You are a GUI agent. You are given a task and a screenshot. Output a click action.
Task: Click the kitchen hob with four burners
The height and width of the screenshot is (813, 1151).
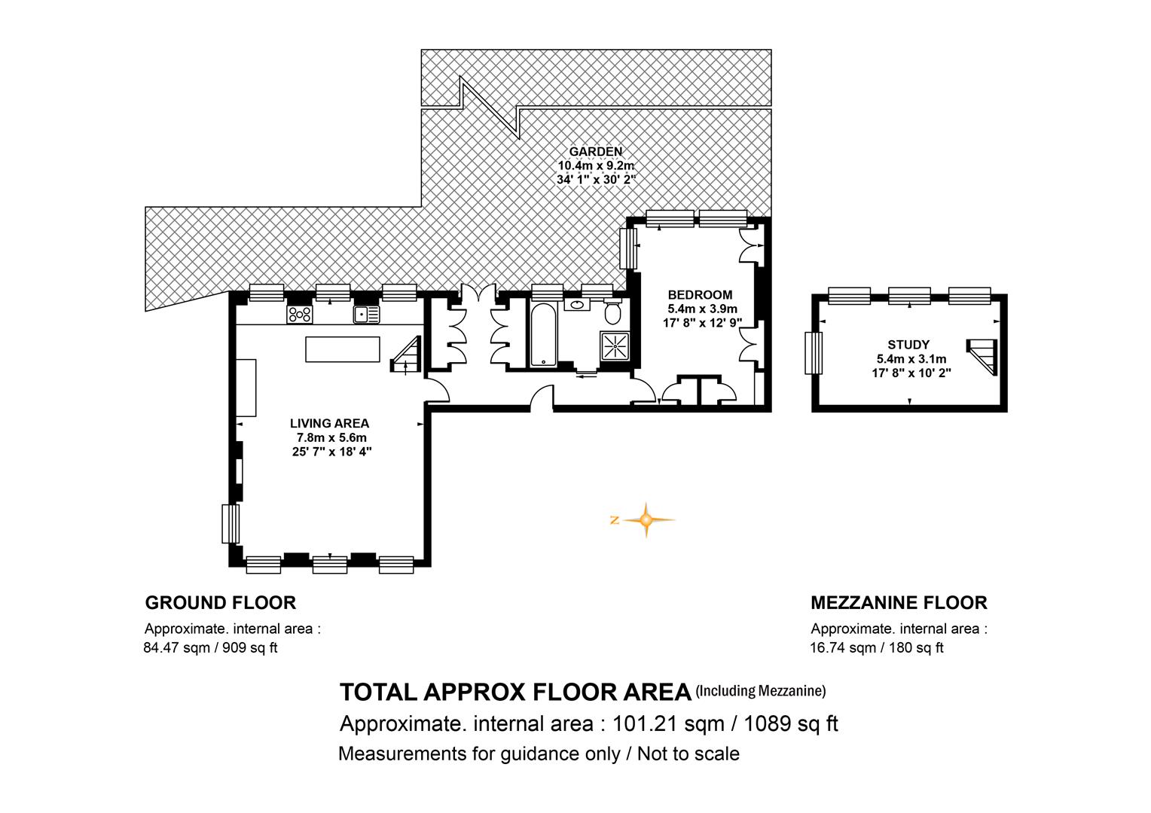[300, 315]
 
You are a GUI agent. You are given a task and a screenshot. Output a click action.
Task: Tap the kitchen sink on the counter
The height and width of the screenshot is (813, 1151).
[366, 315]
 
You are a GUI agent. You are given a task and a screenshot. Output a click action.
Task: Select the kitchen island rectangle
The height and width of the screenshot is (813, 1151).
[343, 349]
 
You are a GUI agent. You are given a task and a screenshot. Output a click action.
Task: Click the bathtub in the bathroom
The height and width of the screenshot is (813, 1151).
[543, 335]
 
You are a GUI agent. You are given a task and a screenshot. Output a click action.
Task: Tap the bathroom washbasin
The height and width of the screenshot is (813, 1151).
[577, 304]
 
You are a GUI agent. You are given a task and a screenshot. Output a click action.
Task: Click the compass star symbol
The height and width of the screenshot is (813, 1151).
[646, 519]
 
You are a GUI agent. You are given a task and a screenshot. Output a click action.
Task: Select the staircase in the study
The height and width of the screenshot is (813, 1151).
[983, 357]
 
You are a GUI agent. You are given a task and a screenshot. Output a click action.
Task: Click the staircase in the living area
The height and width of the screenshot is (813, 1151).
[407, 354]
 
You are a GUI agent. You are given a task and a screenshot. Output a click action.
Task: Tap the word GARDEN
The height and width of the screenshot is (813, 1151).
[596, 151]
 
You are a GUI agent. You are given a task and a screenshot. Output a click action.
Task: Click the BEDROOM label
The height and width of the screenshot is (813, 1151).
[700, 295]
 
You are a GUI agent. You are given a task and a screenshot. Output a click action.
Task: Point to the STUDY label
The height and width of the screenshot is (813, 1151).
[908, 345]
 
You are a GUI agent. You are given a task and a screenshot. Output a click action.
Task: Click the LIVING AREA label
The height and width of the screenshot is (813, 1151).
[329, 423]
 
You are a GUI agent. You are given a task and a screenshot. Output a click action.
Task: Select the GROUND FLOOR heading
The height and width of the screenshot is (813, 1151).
[221, 603]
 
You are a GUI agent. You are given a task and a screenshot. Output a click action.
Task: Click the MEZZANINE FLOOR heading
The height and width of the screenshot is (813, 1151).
[899, 603]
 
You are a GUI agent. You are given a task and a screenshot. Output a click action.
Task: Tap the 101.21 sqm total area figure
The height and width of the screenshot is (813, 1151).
[668, 723]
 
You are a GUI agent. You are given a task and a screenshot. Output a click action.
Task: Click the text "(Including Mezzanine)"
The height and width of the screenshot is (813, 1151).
[761, 691]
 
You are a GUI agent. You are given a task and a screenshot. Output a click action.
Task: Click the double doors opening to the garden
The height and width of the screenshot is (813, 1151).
[479, 293]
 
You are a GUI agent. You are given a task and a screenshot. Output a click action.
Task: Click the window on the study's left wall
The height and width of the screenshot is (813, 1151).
[814, 353]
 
